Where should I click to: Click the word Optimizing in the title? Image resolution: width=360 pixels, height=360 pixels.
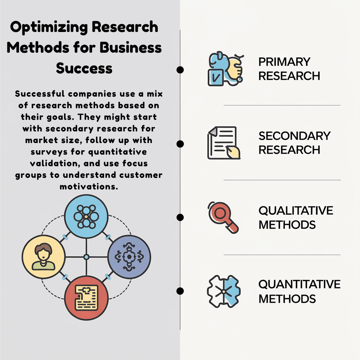[49, 27]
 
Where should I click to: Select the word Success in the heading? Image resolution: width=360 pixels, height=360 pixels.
[84, 68]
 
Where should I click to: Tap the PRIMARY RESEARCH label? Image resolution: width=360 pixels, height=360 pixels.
[289, 69]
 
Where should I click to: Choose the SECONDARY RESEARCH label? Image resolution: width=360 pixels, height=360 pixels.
[295, 143]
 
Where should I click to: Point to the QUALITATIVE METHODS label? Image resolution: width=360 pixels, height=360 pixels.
[296, 217]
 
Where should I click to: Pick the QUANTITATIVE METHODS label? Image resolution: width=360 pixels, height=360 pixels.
[300, 291]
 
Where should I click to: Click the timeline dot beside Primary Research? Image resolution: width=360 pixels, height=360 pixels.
[180, 70]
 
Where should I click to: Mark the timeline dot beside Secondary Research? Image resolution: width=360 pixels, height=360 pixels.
[180, 144]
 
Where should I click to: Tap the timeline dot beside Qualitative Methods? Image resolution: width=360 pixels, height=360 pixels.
[180, 217]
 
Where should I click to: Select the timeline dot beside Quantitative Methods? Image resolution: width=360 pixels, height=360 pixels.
[180, 291]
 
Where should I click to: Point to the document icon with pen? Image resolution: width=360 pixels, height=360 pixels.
[224, 143]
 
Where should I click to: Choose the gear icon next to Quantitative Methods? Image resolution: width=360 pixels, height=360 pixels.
[224, 291]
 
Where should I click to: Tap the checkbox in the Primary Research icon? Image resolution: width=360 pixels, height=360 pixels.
[216, 78]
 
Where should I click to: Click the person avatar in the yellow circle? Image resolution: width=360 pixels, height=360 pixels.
[43, 256]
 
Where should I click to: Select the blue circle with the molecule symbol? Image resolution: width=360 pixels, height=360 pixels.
[86, 217]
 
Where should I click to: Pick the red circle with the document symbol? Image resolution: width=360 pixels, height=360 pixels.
[86, 298]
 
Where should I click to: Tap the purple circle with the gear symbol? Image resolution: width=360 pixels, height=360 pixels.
[129, 257]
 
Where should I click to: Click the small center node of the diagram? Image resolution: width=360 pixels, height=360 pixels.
[86, 257]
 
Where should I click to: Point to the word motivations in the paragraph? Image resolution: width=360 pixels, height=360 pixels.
[89, 187]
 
